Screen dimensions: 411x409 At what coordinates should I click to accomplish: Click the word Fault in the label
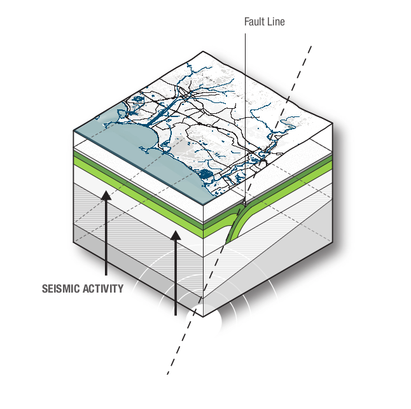[x=254, y=22]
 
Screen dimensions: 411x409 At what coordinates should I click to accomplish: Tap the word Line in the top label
[x=275, y=22]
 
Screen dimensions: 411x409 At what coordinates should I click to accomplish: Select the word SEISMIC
[x=60, y=289]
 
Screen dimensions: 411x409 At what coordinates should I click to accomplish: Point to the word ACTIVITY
[x=103, y=289]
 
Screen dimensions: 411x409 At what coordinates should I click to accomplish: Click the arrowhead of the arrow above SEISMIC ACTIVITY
[x=106, y=195]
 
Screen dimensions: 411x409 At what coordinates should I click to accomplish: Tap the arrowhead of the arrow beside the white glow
[x=176, y=235]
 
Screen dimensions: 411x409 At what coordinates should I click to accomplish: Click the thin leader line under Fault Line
[x=246, y=118]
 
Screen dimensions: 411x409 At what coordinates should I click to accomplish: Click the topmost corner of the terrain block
[x=203, y=52]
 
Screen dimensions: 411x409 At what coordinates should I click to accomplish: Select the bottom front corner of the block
[x=204, y=317]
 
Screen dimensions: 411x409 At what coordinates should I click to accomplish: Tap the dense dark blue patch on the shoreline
[x=204, y=174]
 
